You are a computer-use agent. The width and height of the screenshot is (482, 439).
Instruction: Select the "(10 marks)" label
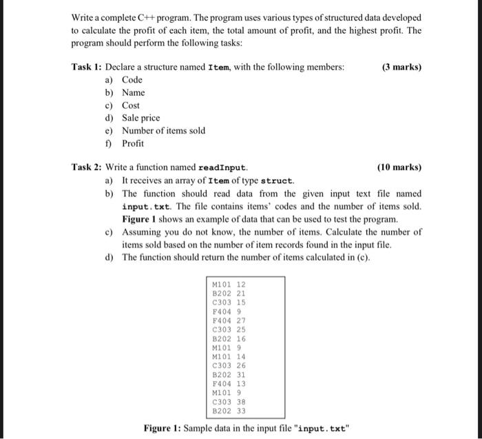[399, 167]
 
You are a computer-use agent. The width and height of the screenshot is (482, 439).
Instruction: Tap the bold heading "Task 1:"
[87, 67]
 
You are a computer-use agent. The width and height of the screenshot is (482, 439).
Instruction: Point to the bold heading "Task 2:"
[87, 167]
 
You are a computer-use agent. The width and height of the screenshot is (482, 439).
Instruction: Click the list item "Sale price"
[140, 118]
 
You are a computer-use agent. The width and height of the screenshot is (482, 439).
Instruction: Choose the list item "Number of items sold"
[163, 130]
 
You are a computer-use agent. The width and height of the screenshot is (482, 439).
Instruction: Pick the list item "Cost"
[130, 105]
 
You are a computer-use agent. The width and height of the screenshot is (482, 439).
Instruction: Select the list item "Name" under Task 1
[133, 92]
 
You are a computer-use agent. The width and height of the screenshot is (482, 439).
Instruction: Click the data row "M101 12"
[231, 285]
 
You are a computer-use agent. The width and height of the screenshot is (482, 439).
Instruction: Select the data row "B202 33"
[231, 410]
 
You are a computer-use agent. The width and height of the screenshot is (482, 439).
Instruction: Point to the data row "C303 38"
[231, 401]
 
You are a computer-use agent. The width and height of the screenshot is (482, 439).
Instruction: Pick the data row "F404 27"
[231, 320]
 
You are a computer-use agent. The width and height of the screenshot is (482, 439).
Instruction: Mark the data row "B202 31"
[231, 374]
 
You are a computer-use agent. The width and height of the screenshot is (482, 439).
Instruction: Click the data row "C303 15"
[231, 303]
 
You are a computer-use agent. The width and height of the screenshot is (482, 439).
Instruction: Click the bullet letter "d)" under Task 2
[109, 257]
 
